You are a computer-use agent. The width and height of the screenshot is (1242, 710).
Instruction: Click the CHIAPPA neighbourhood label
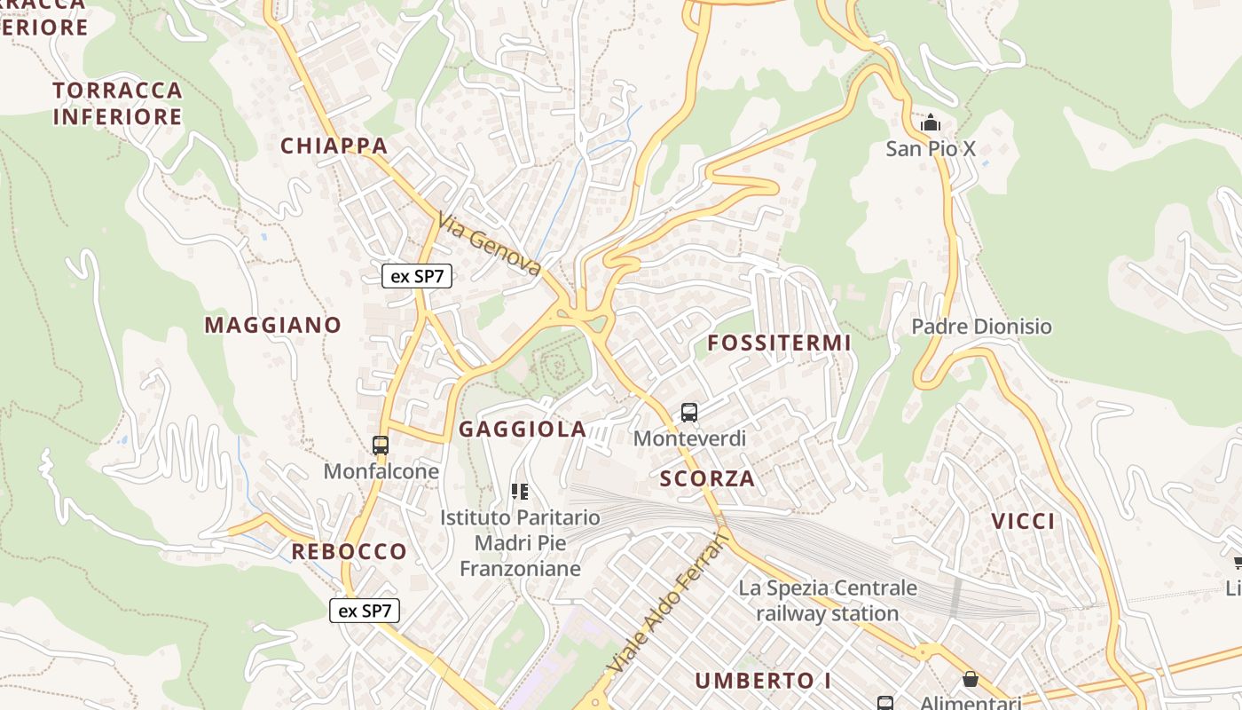coord(334,146)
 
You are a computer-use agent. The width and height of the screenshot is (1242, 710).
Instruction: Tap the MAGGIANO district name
coord(272,325)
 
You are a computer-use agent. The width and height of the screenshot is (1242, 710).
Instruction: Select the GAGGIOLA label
coord(523,430)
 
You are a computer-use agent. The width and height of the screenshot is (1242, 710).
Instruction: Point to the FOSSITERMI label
coord(779,343)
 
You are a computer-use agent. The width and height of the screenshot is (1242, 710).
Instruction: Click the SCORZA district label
coord(707,479)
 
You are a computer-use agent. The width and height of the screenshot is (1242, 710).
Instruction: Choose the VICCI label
coord(1023,521)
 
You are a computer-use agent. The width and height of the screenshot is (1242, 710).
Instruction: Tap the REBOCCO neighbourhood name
coord(349,552)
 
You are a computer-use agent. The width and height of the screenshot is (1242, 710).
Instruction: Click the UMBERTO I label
coord(763,681)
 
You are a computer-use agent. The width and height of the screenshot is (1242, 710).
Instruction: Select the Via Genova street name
coord(489,243)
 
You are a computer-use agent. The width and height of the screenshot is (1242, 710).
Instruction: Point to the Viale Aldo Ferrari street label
coord(667,603)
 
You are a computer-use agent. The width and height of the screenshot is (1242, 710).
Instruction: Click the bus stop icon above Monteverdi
coord(689,412)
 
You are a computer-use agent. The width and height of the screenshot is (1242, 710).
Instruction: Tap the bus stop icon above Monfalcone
coord(381,446)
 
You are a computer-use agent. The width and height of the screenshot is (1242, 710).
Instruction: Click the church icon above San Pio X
coord(931,122)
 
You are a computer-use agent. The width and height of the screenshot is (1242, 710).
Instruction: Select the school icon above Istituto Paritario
coord(520,491)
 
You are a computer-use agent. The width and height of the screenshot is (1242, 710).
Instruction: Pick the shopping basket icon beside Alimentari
coord(971,679)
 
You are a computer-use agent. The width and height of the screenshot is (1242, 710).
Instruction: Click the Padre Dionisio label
coord(981,327)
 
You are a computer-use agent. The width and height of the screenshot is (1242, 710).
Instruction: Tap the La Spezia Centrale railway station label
coord(828,600)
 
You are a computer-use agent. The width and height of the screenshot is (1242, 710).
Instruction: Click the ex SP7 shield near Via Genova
coord(417,276)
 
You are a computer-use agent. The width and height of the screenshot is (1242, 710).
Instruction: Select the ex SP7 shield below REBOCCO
coord(365,611)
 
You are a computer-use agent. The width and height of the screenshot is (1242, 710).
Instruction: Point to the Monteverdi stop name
coord(689,438)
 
